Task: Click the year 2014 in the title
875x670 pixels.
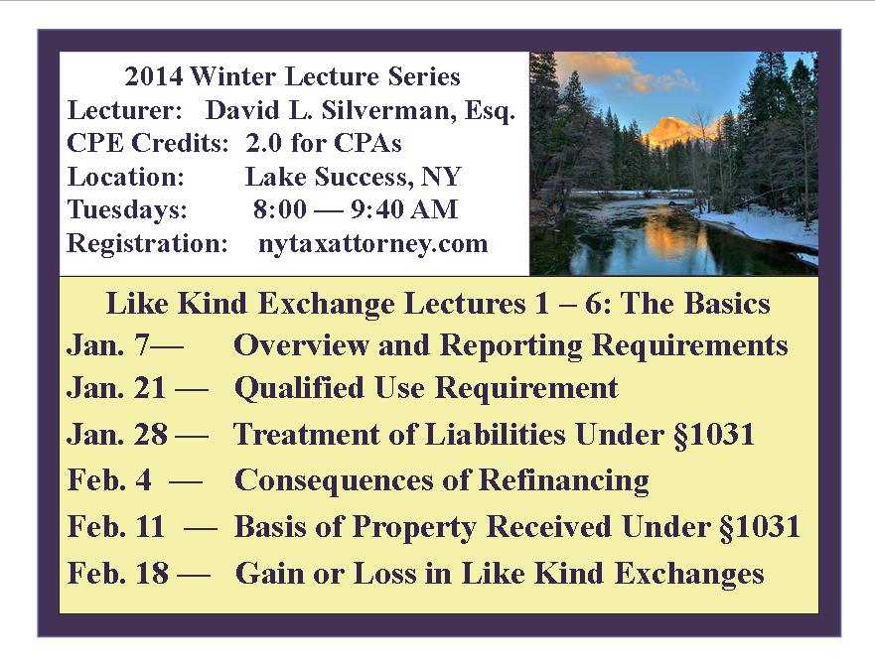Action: click(x=154, y=75)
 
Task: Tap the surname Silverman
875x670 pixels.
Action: click(x=384, y=110)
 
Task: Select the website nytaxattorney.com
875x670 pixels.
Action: click(x=372, y=244)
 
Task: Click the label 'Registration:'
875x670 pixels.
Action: click(x=147, y=244)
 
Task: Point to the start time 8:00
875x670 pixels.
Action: click(x=279, y=209)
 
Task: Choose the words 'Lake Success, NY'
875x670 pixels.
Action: click(x=353, y=177)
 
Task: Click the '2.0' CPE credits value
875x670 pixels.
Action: click(x=263, y=143)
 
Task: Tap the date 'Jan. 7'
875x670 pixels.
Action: click(x=108, y=344)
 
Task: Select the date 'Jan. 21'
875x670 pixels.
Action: click(x=116, y=388)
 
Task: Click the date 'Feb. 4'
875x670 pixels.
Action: click(x=109, y=479)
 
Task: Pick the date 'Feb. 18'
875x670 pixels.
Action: click(x=118, y=573)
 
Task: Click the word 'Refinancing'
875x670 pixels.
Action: click(x=563, y=480)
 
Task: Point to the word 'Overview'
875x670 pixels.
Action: click(x=301, y=344)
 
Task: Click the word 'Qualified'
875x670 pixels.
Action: click(x=299, y=388)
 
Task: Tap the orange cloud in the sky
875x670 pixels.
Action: click(x=614, y=69)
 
